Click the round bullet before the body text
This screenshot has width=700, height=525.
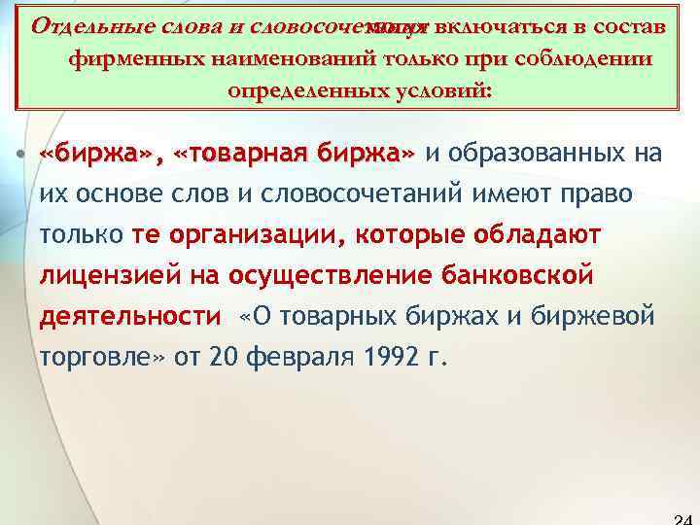coord(20,155)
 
